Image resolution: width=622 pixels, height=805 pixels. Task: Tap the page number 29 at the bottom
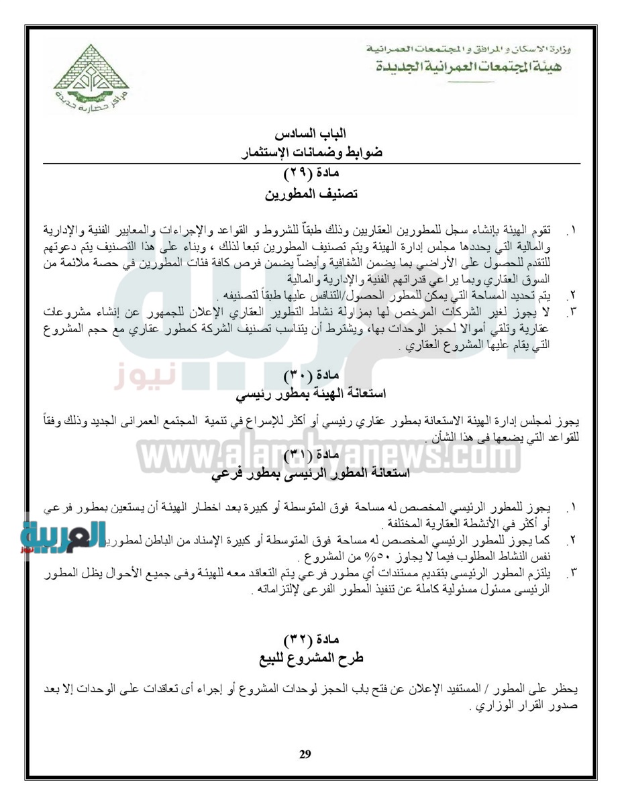coord(305,755)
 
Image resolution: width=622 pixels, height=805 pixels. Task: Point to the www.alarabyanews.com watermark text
coord(311,458)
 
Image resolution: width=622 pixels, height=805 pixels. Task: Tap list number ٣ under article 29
coord(572,313)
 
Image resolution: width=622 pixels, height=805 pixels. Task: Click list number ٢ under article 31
coord(572,542)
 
